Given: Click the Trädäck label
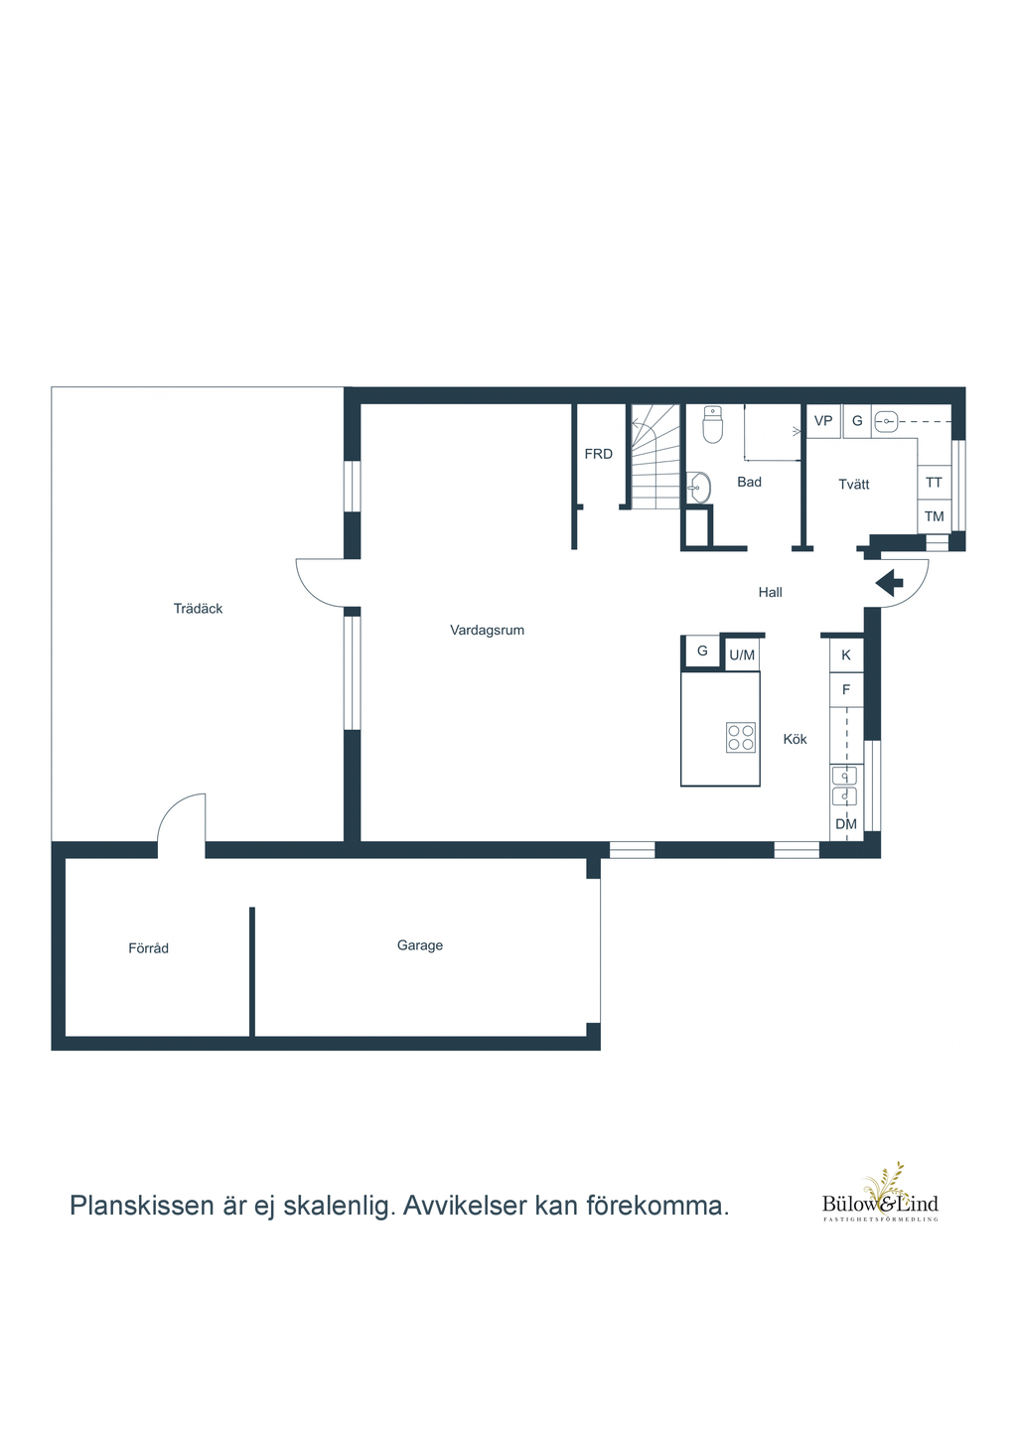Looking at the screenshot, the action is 198,609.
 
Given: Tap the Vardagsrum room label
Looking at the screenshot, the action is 487,631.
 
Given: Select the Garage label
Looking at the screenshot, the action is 420,945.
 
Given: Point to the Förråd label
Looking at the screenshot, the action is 148,948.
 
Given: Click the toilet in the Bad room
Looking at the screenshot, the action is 713,424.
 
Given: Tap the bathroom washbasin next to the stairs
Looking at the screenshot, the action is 698,488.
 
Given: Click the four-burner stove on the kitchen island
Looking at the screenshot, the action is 740,737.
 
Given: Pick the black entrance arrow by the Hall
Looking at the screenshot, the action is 889,583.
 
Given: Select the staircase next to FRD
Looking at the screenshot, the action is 654,457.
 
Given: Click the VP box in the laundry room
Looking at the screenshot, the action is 823,421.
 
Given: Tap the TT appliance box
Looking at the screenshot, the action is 934,482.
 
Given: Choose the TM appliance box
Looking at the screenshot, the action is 934,516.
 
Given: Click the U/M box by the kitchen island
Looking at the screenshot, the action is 742,654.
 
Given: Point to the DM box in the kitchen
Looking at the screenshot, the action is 846,823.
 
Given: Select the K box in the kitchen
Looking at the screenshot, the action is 846,654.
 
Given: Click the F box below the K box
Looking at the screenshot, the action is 846,690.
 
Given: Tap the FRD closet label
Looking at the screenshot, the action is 599,454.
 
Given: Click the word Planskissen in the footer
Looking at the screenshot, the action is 142,1206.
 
